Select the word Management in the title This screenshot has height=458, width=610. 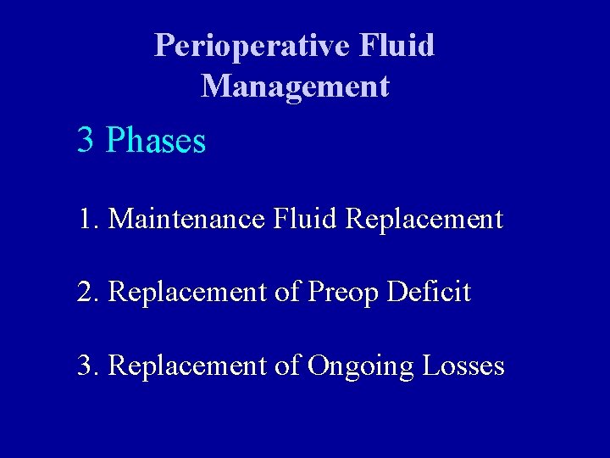pyautogui.click(x=295, y=87)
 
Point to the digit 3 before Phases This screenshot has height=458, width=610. pyautogui.click(x=85, y=140)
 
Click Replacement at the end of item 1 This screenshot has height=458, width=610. pyautogui.click(x=425, y=220)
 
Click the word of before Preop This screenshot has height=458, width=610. pyautogui.click(x=287, y=293)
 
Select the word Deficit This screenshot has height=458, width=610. pyautogui.click(x=429, y=293)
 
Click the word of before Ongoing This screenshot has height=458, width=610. pyautogui.click(x=287, y=366)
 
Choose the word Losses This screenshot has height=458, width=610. pyautogui.click(x=463, y=366)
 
